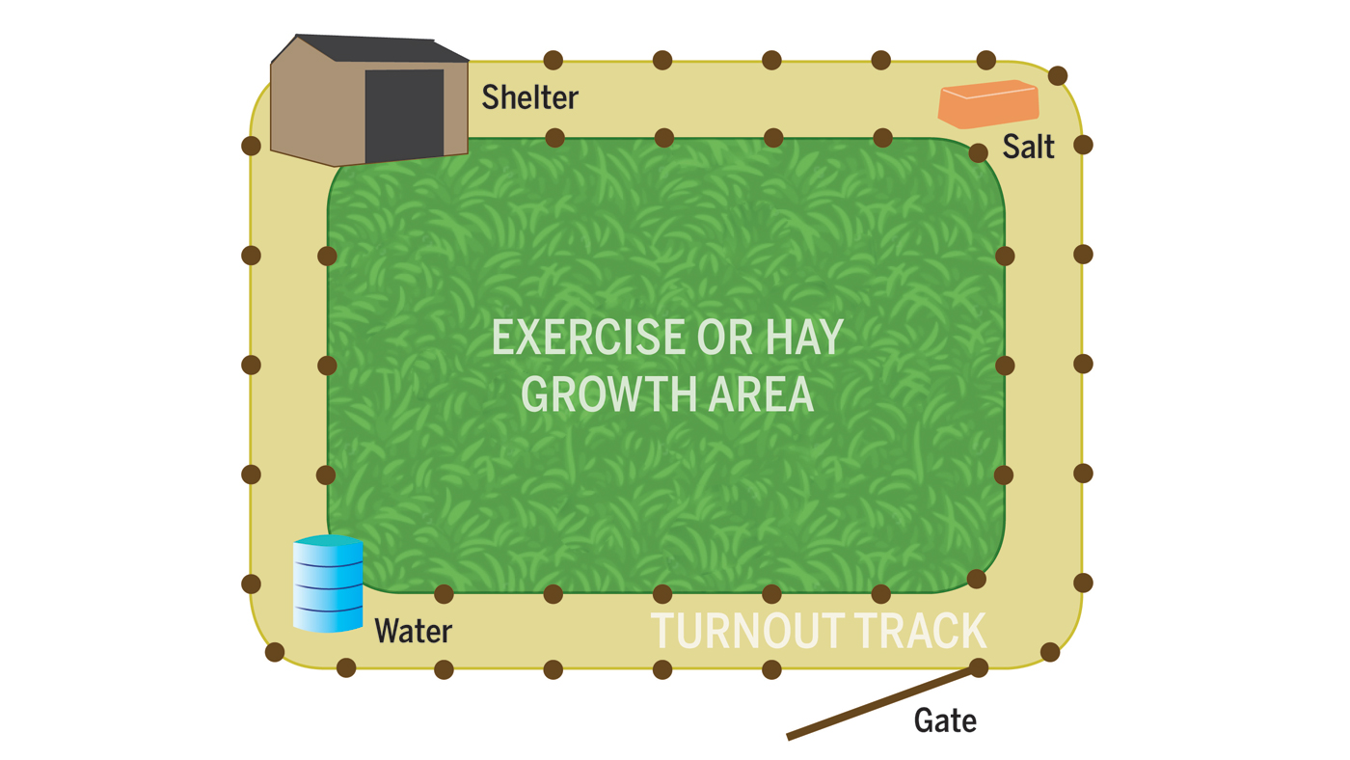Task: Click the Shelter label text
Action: coord(529,97)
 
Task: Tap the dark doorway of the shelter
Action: coord(404,115)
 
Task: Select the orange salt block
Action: coord(988,103)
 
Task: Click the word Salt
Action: coord(1028,147)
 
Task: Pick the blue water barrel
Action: coord(328,584)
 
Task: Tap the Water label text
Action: coord(414,631)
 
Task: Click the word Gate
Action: coord(945,720)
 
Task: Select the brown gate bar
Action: coord(883,703)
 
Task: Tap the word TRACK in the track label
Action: coord(920,631)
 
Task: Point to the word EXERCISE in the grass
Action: coord(588,337)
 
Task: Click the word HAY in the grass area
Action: coord(804,337)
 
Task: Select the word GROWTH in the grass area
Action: coord(609,394)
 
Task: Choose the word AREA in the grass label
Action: coord(761,394)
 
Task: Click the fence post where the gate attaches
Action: coord(979,667)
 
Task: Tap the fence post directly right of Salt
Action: coord(1083,145)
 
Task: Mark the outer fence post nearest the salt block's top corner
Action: coord(1058,76)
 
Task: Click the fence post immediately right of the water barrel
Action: coord(444,594)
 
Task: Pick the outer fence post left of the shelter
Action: coord(252,146)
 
